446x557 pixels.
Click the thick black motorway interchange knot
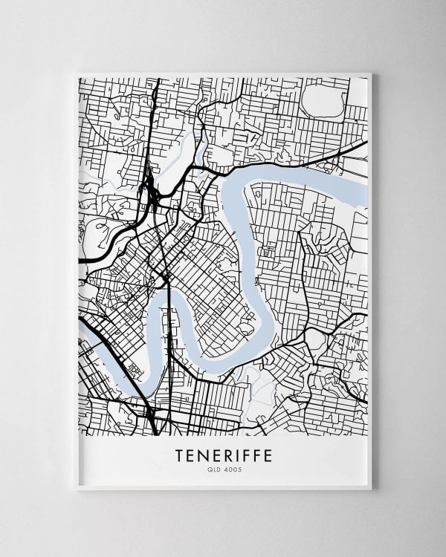152,195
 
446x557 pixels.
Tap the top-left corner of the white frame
78,74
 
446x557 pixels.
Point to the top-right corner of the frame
369,74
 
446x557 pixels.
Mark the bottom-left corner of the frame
78,489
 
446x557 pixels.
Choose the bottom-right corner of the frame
369,489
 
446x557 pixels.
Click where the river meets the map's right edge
366,195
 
